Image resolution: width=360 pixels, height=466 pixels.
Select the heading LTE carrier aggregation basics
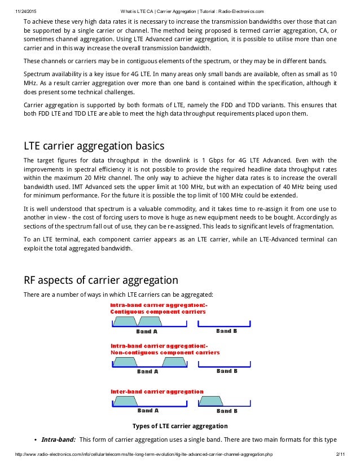(x=94, y=146)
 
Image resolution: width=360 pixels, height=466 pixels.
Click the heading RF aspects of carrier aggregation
(x=100, y=280)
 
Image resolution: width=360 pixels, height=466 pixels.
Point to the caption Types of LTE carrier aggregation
(x=179, y=426)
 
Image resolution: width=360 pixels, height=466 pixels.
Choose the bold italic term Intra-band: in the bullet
(x=59, y=439)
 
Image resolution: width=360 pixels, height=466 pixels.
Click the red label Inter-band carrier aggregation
(x=156, y=391)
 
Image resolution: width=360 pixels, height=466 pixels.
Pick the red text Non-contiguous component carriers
(x=165, y=352)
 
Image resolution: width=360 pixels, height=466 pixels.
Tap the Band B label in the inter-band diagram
(x=226, y=410)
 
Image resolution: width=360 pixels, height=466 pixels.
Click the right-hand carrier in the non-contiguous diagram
(x=173, y=362)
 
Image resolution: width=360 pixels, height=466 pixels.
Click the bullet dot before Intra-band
(x=36, y=439)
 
